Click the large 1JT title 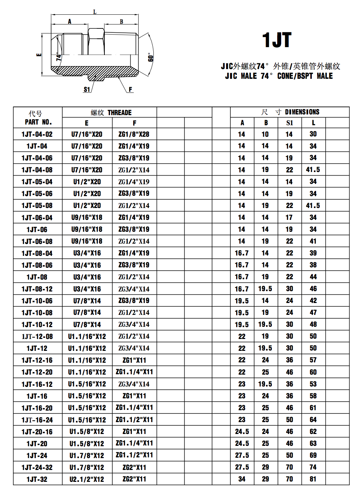click(x=276, y=40)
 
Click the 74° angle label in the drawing click(x=59, y=58)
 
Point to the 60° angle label click(x=150, y=57)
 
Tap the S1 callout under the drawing click(x=87, y=89)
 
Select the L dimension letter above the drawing click(x=95, y=12)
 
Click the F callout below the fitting click(x=130, y=89)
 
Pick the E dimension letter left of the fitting click(x=39, y=55)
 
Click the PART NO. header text click(x=38, y=122)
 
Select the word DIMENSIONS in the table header click(x=302, y=112)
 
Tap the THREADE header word click(x=120, y=113)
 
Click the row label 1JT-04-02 click(x=37, y=134)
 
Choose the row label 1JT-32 click(x=37, y=479)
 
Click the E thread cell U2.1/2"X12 click(x=87, y=479)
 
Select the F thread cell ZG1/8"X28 click(x=134, y=134)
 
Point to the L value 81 click(x=313, y=479)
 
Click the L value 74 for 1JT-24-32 click(x=313, y=467)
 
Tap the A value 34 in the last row click(x=242, y=479)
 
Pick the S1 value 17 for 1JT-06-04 click(x=289, y=217)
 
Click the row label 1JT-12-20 click(x=37, y=372)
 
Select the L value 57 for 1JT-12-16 click(x=313, y=360)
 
